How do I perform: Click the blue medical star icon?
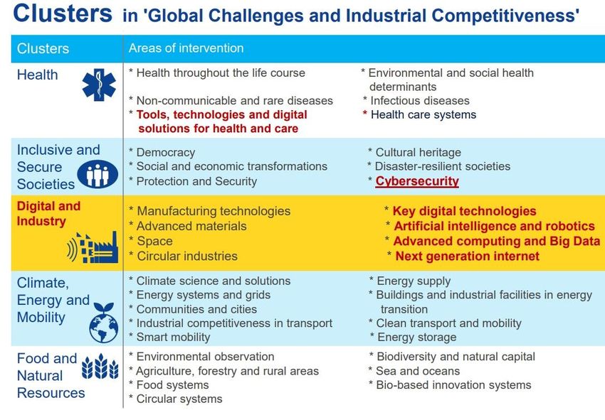click(99, 85)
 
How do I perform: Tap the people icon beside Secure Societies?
click(98, 174)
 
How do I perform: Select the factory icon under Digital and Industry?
click(93, 247)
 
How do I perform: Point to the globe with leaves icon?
click(103, 323)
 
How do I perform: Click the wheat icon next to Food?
click(100, 366)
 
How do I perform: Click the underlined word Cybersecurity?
click(417, 181)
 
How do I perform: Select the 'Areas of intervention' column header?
click(186, 48)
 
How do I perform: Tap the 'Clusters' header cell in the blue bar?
click(43, 48)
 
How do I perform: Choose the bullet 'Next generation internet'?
click(467, 257)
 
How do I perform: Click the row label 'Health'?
click(38, 75)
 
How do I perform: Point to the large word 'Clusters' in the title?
click(63, 13)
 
